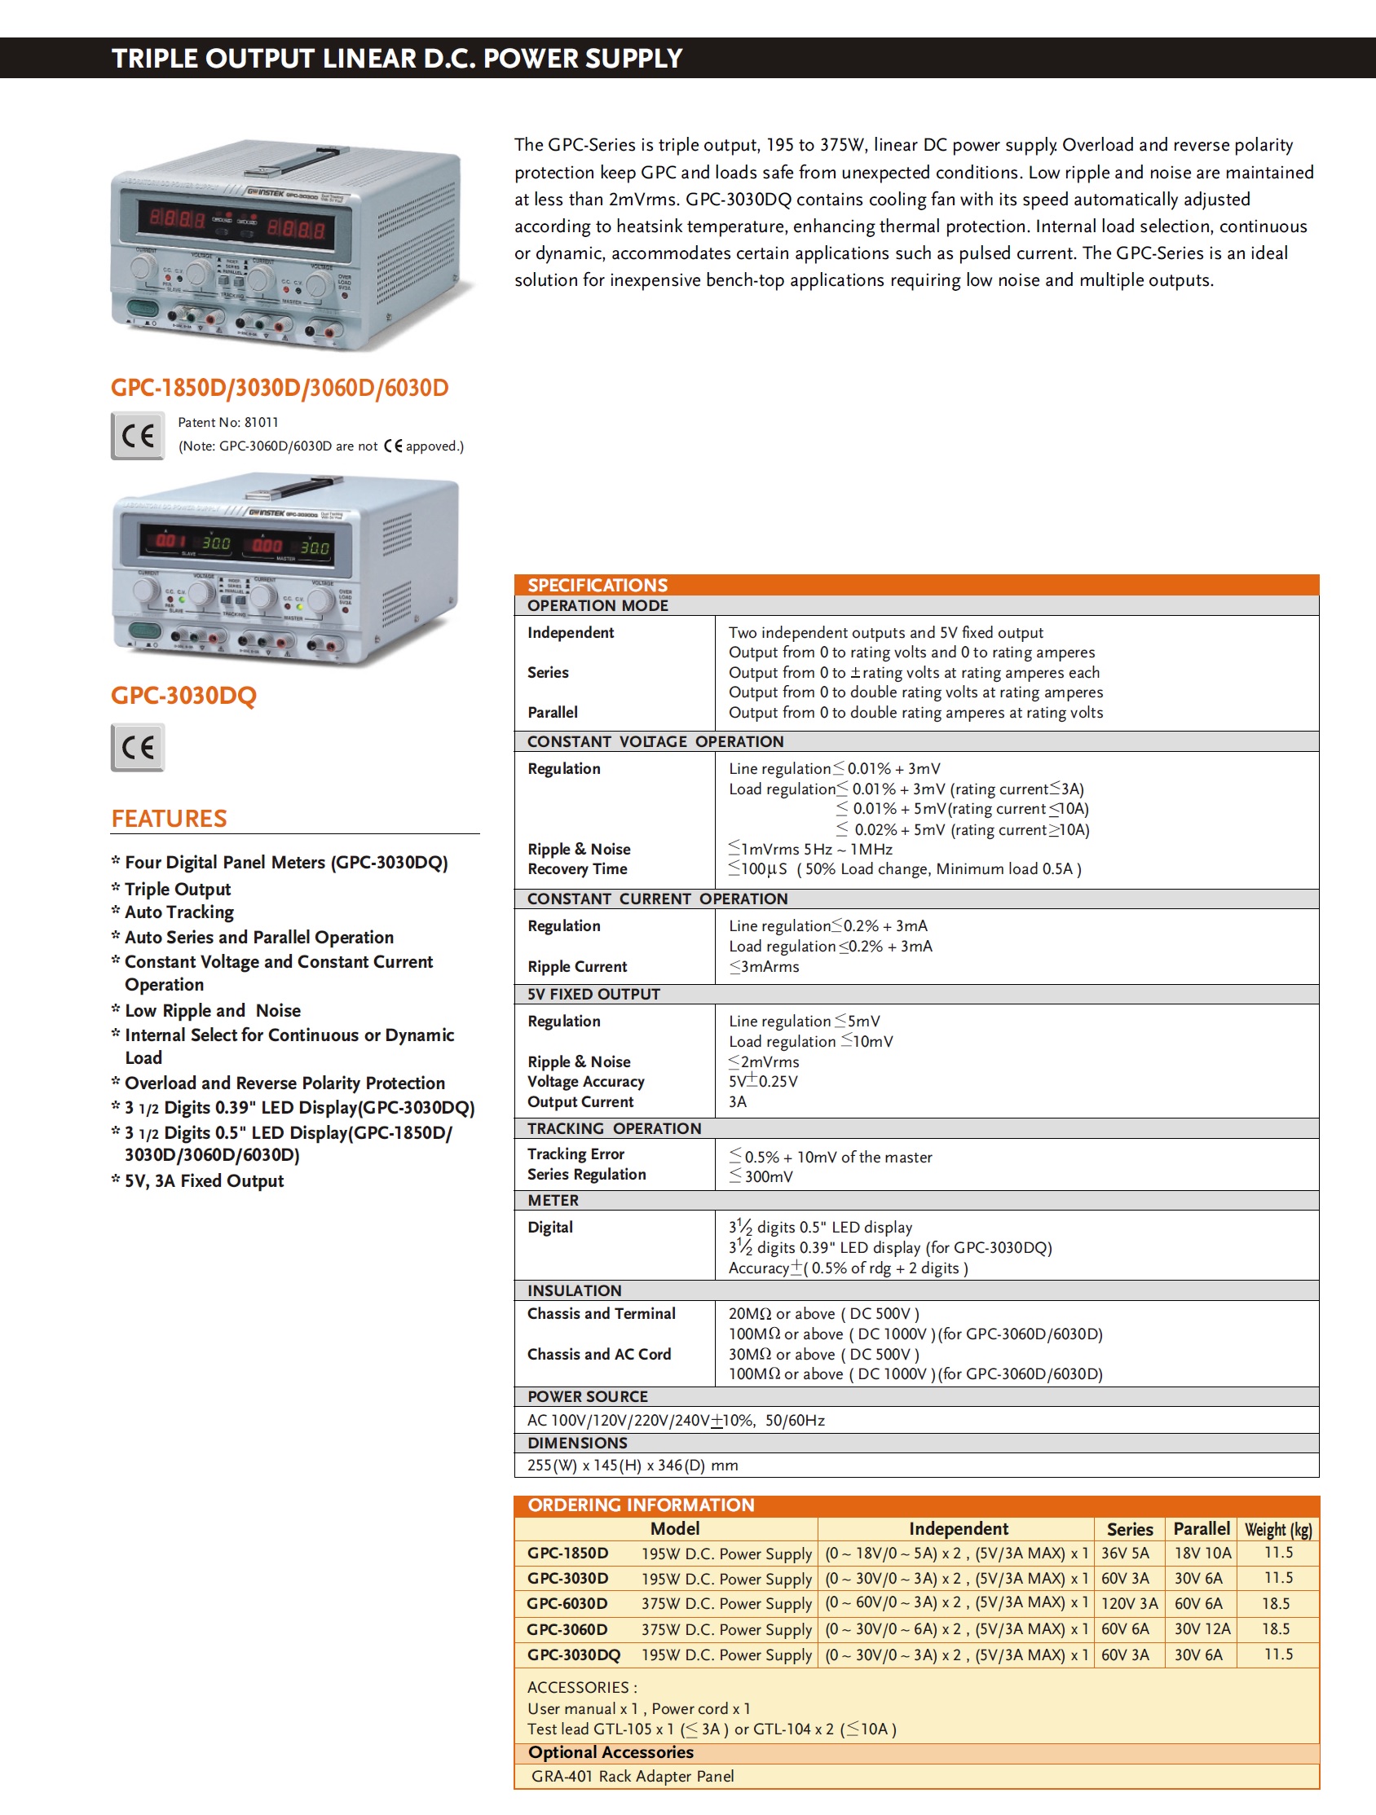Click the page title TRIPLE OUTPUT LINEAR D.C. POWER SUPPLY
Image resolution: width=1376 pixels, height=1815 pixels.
point(396,59)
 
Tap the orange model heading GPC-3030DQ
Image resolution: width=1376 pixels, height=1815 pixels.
point(184,695)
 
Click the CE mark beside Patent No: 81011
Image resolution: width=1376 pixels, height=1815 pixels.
point(137,436)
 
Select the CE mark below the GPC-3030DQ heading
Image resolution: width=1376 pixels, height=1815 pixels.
point(137,747)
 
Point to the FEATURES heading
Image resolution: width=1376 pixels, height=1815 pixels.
point(169,818)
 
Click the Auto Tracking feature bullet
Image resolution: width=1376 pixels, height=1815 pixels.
point(179,912)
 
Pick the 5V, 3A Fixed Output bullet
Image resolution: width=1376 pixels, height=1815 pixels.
point(204,1180)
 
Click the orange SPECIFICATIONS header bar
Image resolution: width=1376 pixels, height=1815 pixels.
point(915,584)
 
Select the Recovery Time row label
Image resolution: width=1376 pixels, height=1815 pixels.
point(577,869)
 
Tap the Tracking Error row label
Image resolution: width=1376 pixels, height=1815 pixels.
point(576,1154)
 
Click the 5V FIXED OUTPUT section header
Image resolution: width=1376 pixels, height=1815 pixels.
point(593,994)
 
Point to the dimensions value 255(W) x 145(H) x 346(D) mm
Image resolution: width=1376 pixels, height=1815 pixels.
point(633,1465)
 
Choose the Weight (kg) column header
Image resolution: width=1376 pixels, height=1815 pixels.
point(1277,1529)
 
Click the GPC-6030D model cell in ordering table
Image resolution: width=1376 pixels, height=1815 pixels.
point(567,1603)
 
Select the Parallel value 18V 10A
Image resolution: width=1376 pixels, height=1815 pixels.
point(1202,1554)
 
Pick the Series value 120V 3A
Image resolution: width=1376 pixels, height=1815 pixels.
point(1129,1603)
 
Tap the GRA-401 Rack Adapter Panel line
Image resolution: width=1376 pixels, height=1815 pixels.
point(633,1776)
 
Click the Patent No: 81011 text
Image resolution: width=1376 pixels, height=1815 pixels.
point(228,423)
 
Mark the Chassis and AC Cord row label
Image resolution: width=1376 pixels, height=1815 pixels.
point(598,1354)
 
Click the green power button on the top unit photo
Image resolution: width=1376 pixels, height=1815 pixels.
point(141,310)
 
